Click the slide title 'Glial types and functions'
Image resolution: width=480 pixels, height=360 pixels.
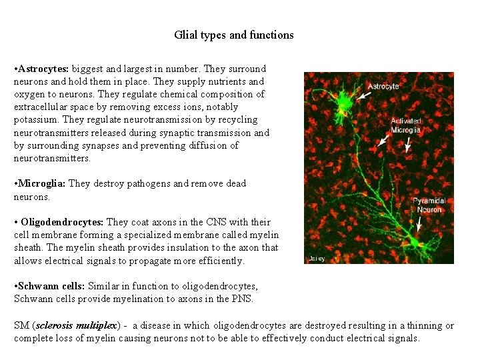pyautogui.click(x=233, y=35)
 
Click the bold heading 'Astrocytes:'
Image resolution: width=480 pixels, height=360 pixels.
pyautogui.click(x=44, y=69)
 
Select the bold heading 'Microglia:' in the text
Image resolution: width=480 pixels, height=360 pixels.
pyautogui.click(x=43, y=183)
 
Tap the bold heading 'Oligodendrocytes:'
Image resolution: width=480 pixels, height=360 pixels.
pyautogui.click(x=62, y=222)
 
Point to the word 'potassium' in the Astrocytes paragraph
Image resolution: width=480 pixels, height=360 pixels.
pyautogui.click(x=35, y=120)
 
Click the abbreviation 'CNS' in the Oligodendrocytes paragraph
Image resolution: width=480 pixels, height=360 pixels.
pyautogui.click(x=201, y=222)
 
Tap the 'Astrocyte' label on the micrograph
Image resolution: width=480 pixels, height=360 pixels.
pyautogui.click(x=383, y=86)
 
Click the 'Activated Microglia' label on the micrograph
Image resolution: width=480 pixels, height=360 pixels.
pyautogui.click(x=405, y=125)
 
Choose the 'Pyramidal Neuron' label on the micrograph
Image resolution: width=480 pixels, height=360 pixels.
pyautogui.click(x=429, y=205)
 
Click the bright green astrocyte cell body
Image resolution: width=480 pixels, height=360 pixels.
pyautogui.click(x=345, y=102)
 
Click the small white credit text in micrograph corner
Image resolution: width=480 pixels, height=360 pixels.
pyautogui.click(x=317, y=258)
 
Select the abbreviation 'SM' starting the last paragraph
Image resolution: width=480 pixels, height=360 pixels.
pyautogui.click(x=21, y=325)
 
